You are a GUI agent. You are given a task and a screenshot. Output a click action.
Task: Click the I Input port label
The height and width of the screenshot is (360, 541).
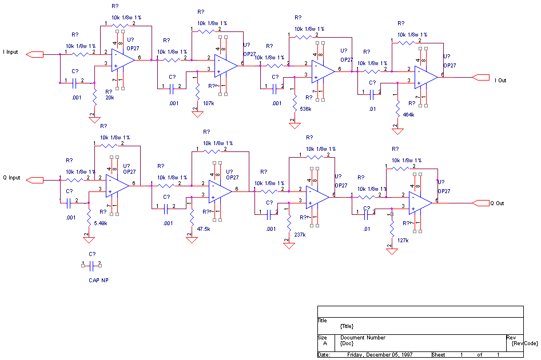(x=11, y=52)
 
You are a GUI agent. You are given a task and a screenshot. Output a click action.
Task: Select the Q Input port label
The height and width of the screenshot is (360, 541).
(x=11, y=178)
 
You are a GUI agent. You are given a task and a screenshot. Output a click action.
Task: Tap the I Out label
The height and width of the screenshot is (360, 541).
(x=500, y=81)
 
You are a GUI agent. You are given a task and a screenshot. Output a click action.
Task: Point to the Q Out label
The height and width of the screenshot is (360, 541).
(x=498, y=203)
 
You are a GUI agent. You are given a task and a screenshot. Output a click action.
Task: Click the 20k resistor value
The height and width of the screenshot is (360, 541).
(x=110, y=98)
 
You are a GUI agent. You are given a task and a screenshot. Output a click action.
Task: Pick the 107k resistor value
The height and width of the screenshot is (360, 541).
(x=209, y=103)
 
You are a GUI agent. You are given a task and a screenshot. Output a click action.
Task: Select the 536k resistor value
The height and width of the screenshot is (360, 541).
(x=305, y=109)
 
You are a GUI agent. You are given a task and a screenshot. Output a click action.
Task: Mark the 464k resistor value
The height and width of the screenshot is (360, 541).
(x=408, y=115)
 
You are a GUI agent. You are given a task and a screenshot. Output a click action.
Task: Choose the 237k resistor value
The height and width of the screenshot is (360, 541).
(x=300, y=234)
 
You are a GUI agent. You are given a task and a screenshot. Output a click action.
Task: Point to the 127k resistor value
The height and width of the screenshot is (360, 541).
(x=403, y=241)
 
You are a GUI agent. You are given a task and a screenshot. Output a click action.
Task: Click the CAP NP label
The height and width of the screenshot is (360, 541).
(x=98, y=281)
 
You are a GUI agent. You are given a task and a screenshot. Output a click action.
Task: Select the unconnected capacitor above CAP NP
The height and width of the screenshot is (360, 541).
(x=92, y=265)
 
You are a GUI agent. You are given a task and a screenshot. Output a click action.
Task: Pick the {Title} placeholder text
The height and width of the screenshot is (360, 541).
(x=347, y=326)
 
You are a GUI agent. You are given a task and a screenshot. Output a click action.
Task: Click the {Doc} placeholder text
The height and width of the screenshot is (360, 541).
(x=345, y=343)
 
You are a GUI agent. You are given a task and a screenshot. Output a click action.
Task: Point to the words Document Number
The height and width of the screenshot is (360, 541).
(x=363, y=338)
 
